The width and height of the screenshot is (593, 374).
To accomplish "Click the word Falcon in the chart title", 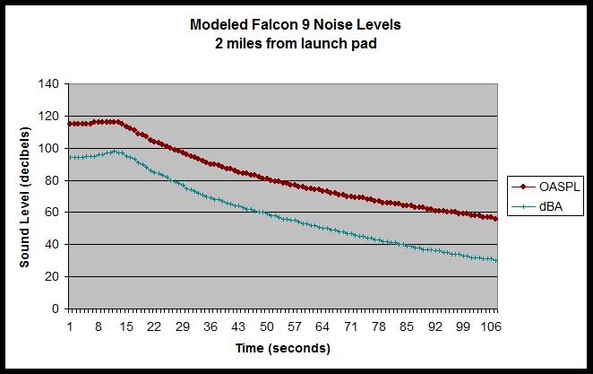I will [266, 24].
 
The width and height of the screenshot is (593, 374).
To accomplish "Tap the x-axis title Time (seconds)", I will [282, 347].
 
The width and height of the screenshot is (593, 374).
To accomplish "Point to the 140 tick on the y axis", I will [49, 84].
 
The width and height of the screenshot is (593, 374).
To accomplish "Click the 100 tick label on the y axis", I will [49, 148].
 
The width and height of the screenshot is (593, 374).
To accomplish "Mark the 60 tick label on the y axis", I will [52, 213].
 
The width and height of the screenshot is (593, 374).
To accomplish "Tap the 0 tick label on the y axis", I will [56, 309].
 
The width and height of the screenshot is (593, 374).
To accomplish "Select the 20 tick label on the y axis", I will [52, 276].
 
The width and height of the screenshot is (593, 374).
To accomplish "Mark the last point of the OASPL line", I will [495, 218].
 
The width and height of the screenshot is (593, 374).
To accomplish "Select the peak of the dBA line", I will [114, 151].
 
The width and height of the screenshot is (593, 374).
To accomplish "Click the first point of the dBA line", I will [70, 157].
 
